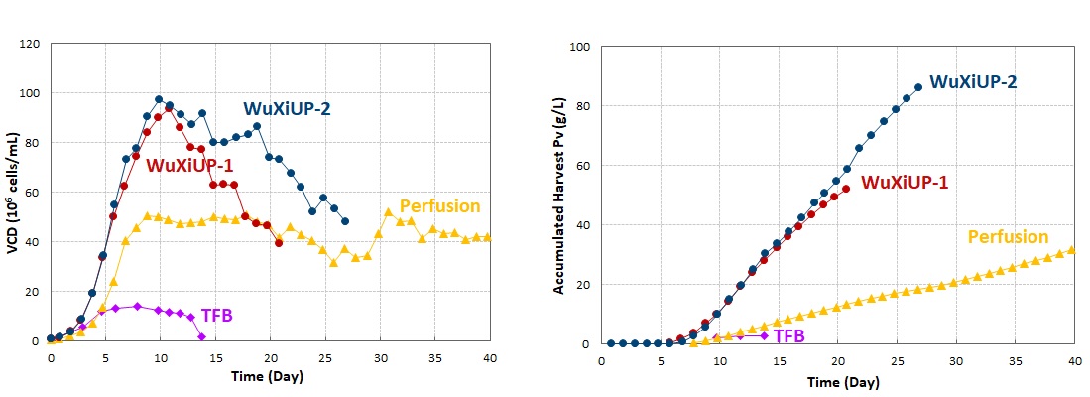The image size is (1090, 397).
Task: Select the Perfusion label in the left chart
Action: (439, 206)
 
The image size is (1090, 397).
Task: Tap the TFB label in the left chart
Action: (217, 315)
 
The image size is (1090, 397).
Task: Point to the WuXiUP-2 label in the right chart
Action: (973, 82)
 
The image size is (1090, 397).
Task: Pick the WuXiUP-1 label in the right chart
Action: (905, 183)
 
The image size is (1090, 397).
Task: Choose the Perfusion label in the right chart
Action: (1008, 237)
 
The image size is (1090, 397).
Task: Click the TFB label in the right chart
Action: (789, 336)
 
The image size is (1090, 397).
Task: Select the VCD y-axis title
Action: (12, 194)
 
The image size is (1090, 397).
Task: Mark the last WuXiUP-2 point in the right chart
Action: (918, 87)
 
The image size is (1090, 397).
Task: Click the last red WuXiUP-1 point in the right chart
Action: (846, 189)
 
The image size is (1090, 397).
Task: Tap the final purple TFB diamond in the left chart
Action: (201, 337)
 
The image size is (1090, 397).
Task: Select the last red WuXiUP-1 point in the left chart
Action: (279, 242)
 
